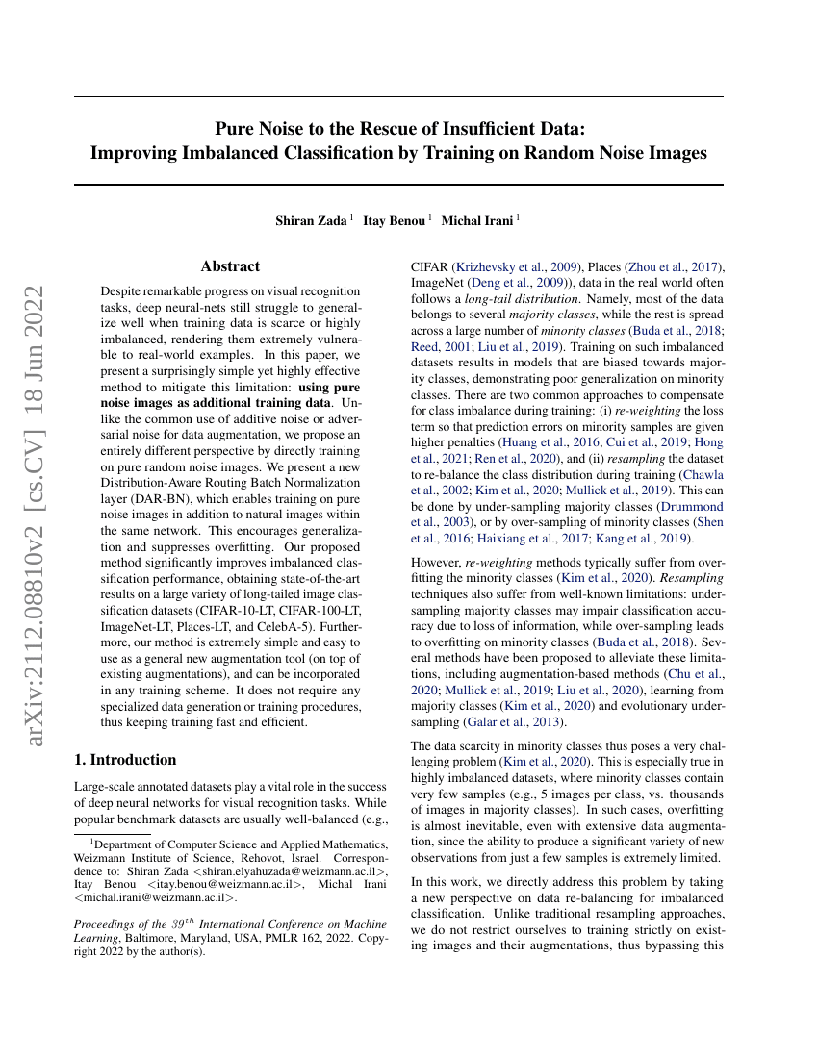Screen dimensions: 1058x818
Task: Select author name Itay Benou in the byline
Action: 395,221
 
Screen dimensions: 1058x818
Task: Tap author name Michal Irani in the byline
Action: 477,221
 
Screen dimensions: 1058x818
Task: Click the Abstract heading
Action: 230,266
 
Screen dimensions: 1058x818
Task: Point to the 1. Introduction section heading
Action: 125,760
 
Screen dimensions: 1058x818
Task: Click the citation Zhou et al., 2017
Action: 674,266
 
